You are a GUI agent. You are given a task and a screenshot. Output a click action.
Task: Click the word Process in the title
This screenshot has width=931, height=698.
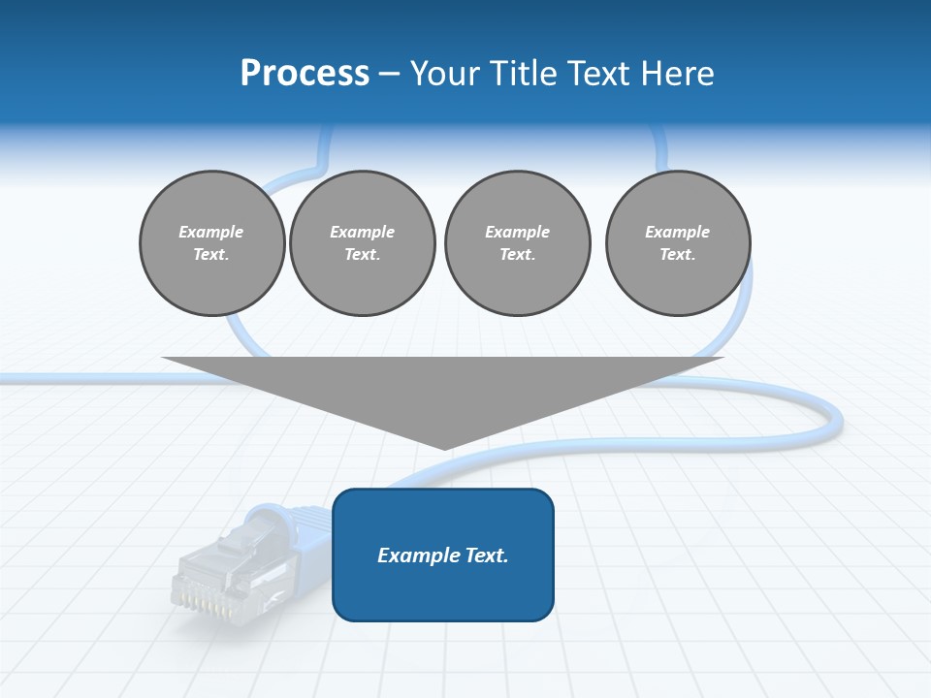pos(305,74)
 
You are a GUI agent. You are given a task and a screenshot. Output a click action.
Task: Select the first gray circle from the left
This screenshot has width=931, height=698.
pos(211,243)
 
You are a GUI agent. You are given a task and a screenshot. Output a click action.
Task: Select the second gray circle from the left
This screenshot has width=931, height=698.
pos(362,243)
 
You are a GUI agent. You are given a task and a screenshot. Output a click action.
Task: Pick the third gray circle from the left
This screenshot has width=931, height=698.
pos(517,243)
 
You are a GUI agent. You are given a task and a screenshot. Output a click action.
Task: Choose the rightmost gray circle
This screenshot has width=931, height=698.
pos(677,243)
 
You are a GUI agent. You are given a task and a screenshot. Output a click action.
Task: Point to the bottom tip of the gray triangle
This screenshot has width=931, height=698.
pos(444,449)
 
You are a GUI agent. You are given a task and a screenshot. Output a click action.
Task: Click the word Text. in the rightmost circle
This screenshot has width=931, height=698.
pos(677,255)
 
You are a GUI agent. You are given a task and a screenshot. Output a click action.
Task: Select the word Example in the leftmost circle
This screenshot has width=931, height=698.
pos(211,232)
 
